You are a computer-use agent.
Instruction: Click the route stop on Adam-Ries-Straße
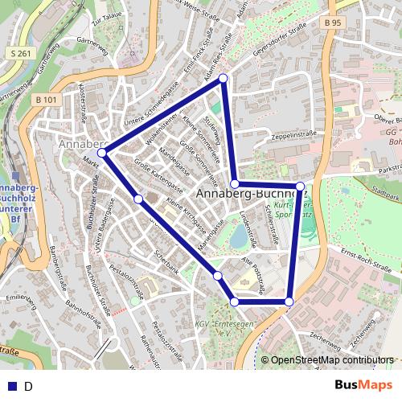point(224,78)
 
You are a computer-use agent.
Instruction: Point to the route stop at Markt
point(102,152)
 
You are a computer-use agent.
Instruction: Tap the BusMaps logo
point(365,385)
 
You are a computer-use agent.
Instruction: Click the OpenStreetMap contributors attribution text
point(332,360)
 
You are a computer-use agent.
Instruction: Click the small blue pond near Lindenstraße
point(239,236)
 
